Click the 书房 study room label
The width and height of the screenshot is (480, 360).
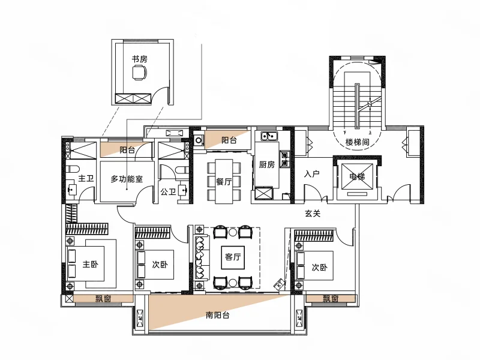pos(140,59)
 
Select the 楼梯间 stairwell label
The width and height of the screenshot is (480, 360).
pos(357,142)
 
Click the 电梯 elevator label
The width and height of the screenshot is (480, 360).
pos(357,176)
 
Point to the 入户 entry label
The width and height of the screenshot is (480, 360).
pos(312,174)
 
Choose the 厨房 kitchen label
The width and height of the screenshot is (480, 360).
pos(267,164)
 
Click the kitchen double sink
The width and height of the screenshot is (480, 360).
pos(269,136)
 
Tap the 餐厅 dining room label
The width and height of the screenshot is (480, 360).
pos(224,182)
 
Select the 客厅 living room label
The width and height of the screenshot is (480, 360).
pos(233,257)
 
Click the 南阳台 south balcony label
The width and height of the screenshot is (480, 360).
pos(217,315)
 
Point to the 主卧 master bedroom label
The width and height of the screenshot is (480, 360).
pos(91,264)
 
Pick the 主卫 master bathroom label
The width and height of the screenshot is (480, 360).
pos(86,178)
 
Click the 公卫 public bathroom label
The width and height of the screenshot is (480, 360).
pos(169,192)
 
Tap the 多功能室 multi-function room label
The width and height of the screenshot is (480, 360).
pos(127,179)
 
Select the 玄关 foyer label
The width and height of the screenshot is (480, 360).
pos(313,214)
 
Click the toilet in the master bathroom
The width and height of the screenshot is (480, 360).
pos(73,169)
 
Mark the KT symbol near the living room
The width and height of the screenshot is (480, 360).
pos(280,284)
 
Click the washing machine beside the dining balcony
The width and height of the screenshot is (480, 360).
pos(199,140)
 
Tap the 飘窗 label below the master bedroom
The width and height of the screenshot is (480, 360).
pos(103,298)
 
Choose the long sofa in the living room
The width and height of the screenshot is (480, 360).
pos(200,257)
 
